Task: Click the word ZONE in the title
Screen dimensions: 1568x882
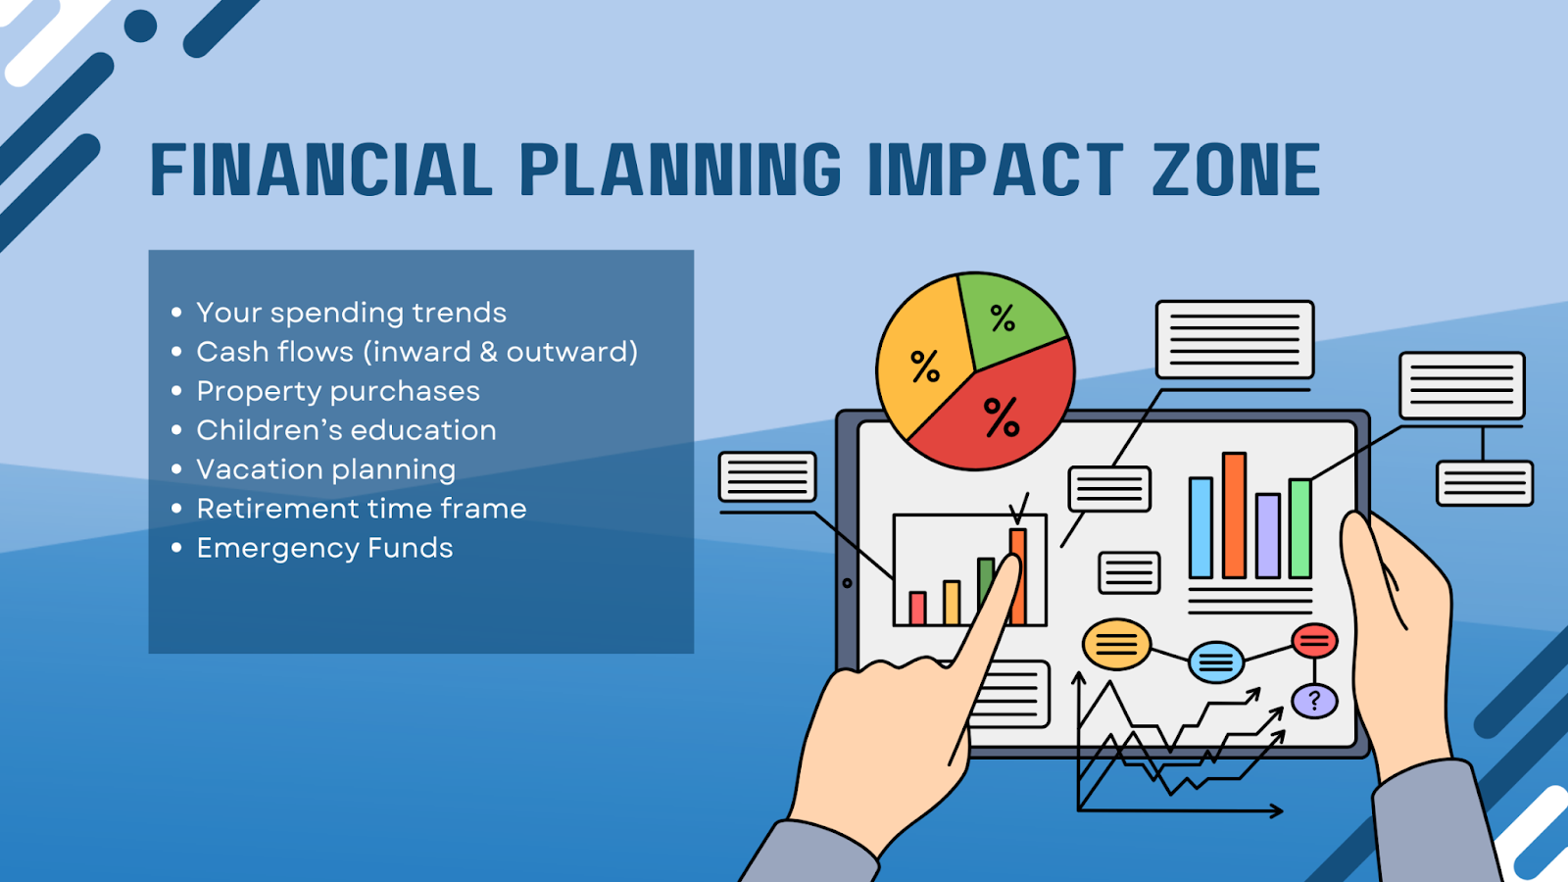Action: pyautogui.click(x=1236, y=170)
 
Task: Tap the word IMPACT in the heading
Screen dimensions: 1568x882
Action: pyautogui.click(x=996, y=170)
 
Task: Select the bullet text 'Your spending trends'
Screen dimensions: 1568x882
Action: pyautogui.click(x=352, y=313)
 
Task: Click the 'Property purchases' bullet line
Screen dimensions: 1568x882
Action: pyautogui.click(x=338, y=391)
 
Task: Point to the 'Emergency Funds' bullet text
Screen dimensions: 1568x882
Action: pyautogui.click(x=324, y=548)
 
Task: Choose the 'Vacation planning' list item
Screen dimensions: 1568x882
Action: pyautogui.click(x=326, y=469)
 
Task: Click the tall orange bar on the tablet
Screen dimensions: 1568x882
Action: pyautogui.click(x=1234, y=515)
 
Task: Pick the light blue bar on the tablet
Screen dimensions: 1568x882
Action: pyautogui.click(x=1200, y=528)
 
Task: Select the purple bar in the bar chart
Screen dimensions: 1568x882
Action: pyautogui.click(x=1268, y=535)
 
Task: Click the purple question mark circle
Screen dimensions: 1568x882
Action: pyautogui.click(x=1314, y=701)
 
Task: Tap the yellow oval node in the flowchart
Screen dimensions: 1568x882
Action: pyautogui.click(x=1116, y=644)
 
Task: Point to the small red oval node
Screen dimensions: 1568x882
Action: pyautogui.click(x=1314, y=641)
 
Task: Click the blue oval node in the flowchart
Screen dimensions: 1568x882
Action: pyautogui.click(x=1216, y=661)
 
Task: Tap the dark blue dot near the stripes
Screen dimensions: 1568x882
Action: pyautogui.click(x=141, y=25)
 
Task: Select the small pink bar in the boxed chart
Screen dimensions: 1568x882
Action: pyautogui.click(x=917, y=608)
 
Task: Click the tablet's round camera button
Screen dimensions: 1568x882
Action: pyautogui.click(x=847, y=583)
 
